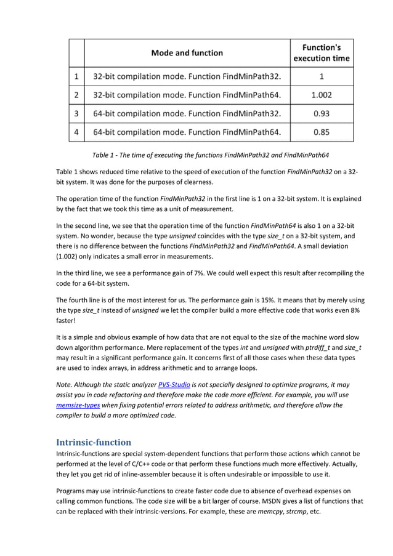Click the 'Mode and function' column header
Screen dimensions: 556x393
187,53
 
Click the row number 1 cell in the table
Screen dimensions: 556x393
76,77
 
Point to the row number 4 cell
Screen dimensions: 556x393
76,132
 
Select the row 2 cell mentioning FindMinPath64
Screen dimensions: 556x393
187,95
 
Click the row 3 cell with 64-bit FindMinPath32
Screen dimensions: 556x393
187,113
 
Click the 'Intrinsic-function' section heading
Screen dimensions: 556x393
93,442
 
